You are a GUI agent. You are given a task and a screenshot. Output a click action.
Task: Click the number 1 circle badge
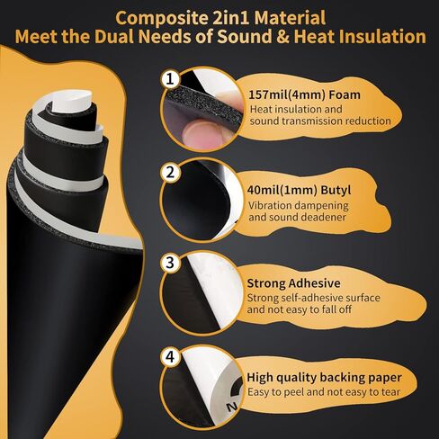[x=169, y=79]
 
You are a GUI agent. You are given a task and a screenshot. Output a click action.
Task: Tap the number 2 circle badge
[x=169, y=171]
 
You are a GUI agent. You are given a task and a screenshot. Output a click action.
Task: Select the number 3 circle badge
[x=169, y=264]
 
